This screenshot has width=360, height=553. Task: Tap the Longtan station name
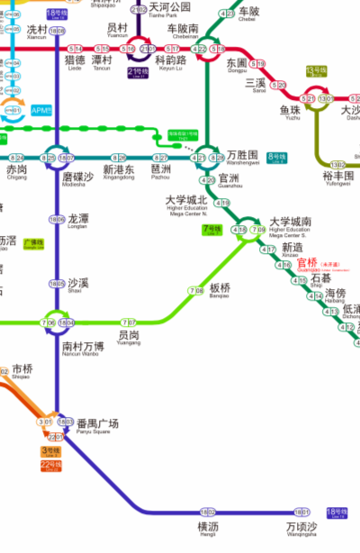pyautogui.click(x=78, y=220)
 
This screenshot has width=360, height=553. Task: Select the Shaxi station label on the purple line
pyautogui.click(x=78, y=283)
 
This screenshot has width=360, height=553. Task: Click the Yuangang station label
pyautogui.click(x=129, y=337)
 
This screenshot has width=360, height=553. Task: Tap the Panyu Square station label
pyautogui.click(x=97, y=425)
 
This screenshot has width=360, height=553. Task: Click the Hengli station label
pyautogui.click(x=208, y=527)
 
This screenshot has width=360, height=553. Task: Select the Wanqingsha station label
pyautogui.click(x=301, y=527)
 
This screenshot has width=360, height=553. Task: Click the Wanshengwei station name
pyautogui.click(x=244, y=159)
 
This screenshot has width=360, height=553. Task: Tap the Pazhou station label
pyautogui.click(x=162, y=170)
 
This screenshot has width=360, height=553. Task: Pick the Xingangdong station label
pyautogui.click(x=119, y=170)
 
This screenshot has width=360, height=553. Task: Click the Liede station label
pyautogui.click(x=75, y=63)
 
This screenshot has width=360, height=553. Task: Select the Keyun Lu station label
pyautogui.click(x=170, y=63)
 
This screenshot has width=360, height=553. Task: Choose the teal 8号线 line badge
pyautogui.click(x=276, y=159)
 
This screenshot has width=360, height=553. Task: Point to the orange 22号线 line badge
pyautogui.click(x=49, y=464)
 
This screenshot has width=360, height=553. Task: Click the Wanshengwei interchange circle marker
pyautogui.click(x=208, y=157)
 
